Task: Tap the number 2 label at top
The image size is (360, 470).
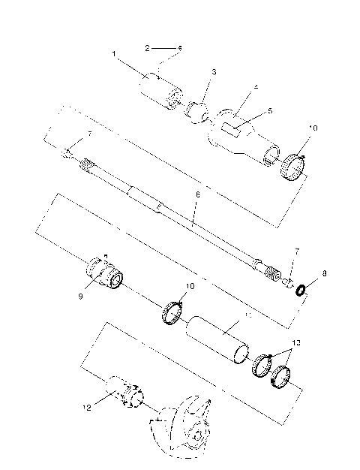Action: point(148,47)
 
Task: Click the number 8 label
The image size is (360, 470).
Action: point(325,275)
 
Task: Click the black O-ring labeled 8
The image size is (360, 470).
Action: point(300,290)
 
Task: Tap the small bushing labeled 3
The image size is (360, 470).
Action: point(199,113)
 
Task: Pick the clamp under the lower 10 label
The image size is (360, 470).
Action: point(174,311)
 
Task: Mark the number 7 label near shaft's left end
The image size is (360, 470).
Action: point(90,134)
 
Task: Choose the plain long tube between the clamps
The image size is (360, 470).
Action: point(217,339)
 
